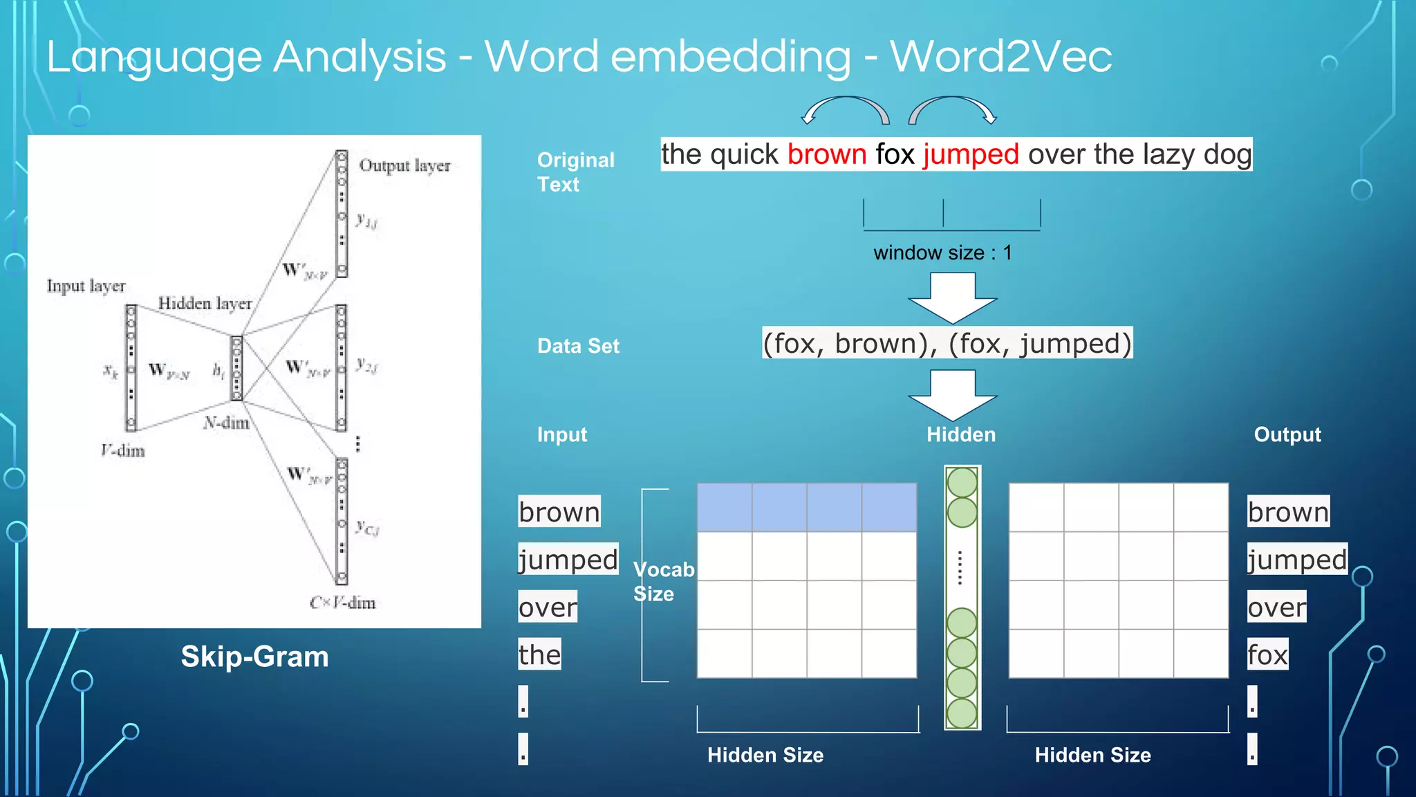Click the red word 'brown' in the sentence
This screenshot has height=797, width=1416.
tap(826, 154)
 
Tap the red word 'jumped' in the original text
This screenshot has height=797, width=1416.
tap(970, 154)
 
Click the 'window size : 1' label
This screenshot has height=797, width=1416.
tap(942, 253)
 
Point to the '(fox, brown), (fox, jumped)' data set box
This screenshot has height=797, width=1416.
tap(947, 343)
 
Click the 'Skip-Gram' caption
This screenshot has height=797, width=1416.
tap(254, 657)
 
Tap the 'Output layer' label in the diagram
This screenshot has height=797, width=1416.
tap(404, 165)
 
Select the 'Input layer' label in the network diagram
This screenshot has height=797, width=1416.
tap(86, 286)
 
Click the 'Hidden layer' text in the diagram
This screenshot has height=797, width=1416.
tap(205, 303)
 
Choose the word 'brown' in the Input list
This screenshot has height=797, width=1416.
tap(559, 512)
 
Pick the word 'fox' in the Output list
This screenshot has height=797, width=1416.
tap(1267, 654)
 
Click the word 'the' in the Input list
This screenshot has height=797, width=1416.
tap(539, 654)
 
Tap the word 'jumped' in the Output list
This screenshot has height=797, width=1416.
tap(1297, 560)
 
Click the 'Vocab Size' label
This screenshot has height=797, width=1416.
tap(662, 582)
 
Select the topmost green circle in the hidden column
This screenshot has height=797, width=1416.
tap(962, 482)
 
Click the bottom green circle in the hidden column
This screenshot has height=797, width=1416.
tap(962, 713)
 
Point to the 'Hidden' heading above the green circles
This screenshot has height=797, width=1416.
tap(961, 434)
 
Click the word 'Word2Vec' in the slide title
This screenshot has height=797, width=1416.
tap(1000, 56)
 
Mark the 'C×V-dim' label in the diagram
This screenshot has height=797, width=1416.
tap(342, 603)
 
